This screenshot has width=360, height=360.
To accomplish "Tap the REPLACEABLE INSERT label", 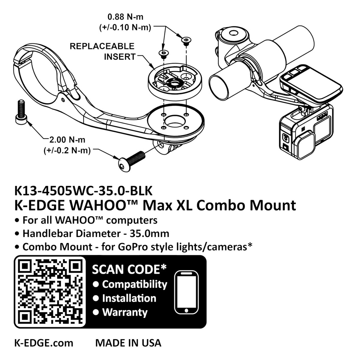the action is (102, 51).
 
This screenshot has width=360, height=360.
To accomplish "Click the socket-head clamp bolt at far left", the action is (21, 112).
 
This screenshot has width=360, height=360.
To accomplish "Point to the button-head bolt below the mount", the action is (131, 161).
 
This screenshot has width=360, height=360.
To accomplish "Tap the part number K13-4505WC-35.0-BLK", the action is (83, 191).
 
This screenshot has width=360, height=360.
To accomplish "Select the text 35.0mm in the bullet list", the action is (149, 234).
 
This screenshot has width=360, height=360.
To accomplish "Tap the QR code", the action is (50, 292).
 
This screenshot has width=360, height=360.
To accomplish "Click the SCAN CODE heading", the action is (129, 269).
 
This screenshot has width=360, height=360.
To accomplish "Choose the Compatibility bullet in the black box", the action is (135, 285).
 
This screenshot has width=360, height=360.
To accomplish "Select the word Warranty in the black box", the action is (125, 312).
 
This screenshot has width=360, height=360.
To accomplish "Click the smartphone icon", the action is (186, 292).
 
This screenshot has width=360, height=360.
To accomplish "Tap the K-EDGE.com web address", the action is (44, 343).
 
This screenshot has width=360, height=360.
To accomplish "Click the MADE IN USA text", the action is (128, 343).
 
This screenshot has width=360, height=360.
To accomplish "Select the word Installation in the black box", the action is (129, 298).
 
